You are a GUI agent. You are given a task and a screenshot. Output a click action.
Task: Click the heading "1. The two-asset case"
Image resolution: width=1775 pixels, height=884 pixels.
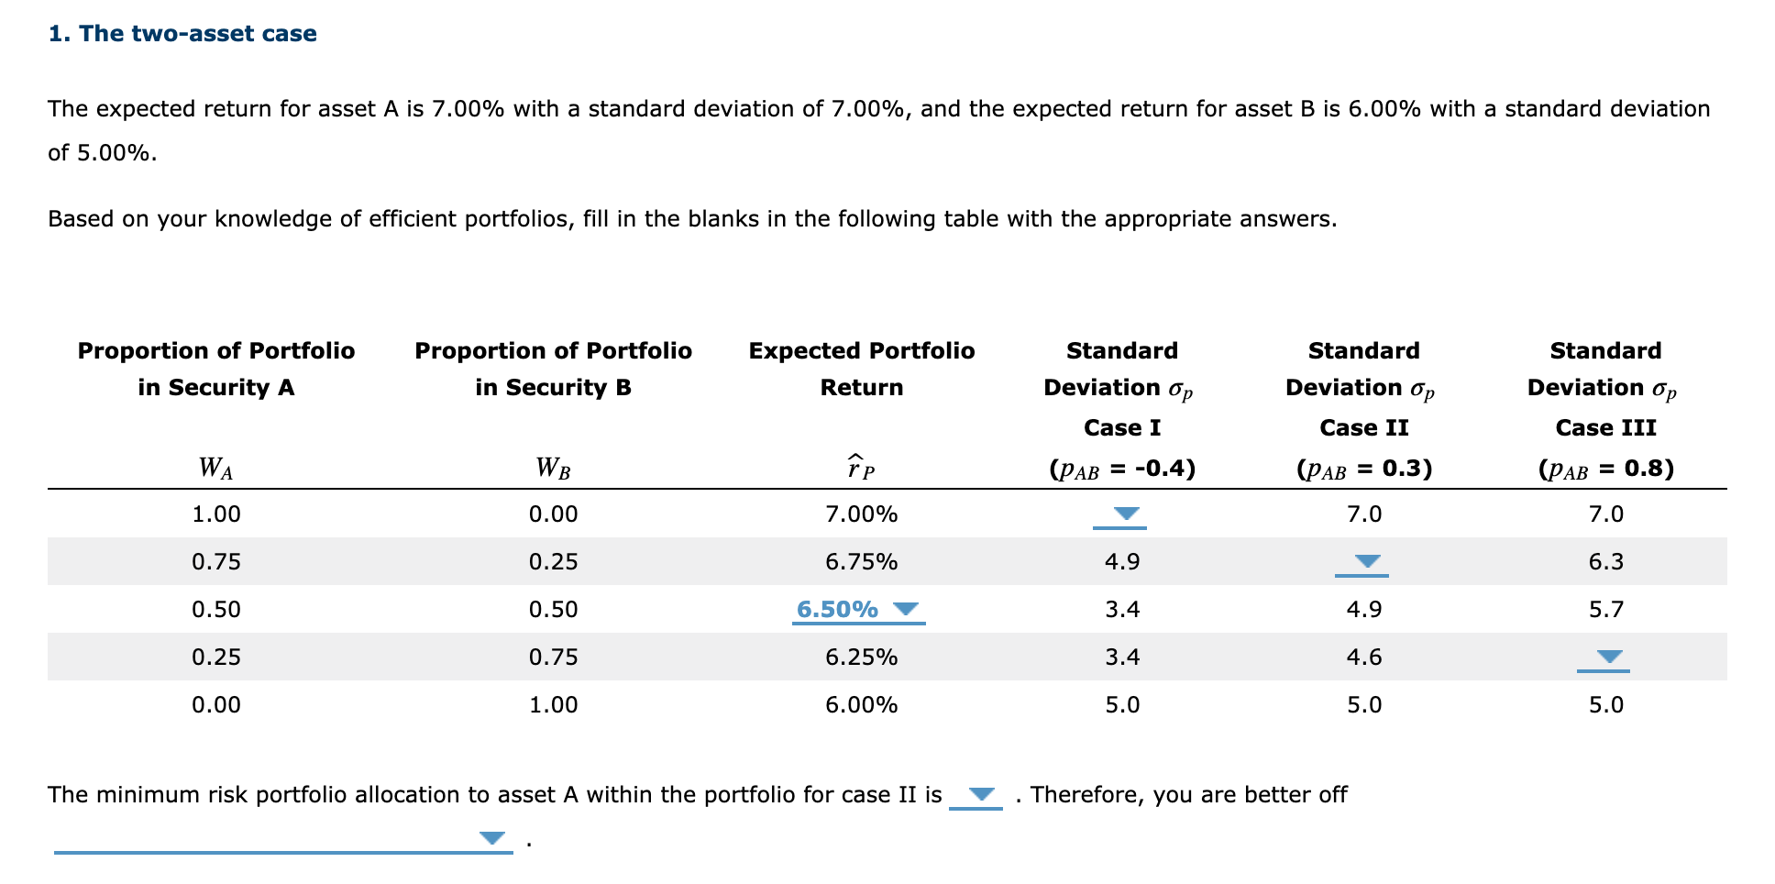tap(182, 34)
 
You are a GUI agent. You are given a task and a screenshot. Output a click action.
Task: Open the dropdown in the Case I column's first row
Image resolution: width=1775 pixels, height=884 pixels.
tap(1120, 515)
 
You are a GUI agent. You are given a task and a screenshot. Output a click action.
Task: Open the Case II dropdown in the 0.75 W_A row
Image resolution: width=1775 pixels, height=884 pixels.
tap(1362, 563)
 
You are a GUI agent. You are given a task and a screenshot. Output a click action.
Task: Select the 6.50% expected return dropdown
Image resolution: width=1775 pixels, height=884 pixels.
tap(858, 610)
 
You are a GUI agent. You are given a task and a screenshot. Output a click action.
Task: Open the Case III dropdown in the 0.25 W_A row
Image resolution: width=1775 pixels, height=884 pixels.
tap(1604, 658)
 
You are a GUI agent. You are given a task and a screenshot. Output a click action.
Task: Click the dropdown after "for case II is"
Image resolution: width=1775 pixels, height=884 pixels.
tap(977, 795)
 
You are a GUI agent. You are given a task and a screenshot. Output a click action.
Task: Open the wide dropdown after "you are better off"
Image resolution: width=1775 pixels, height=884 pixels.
tap(282, 839)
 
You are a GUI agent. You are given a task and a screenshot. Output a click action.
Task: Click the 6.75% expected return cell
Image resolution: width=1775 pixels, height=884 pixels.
tap(861, 562)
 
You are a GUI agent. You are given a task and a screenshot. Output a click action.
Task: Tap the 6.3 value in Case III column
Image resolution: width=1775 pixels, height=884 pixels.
tap(1605, 562)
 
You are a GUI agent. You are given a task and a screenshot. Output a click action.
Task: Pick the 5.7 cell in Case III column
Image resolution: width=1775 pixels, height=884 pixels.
tap(1605, 610)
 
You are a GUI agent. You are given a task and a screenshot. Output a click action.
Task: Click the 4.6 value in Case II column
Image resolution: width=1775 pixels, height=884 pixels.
tap(1363, 657)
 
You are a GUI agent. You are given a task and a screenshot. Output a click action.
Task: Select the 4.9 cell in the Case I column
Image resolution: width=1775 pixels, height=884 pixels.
tap(1121, 562)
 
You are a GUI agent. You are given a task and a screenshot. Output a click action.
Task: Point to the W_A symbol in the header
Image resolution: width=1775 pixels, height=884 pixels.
tap(215, 469)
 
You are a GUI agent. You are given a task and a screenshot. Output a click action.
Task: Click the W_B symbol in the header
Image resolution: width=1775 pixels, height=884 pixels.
tap(553, 469)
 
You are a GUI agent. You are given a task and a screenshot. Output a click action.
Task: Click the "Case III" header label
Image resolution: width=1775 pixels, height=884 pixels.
tap(1605, 428)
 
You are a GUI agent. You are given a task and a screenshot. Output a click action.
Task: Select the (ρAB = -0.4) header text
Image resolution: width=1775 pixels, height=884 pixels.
tap(1121, 470)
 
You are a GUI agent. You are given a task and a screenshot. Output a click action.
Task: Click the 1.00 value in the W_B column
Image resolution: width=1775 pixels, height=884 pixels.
tap(553, 705)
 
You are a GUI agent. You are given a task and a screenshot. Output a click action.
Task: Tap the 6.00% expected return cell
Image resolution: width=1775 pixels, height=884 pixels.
tap(861, 705)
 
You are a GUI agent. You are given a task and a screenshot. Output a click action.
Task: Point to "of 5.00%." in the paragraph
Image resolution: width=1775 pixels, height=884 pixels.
tap(102, 153)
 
